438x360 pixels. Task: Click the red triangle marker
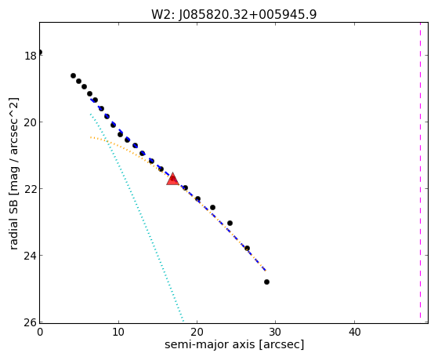point(172,180)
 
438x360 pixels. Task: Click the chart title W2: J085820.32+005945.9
point(233,15)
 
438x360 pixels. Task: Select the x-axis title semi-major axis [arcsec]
point(234,344)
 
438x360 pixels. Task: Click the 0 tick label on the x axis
point(40,333)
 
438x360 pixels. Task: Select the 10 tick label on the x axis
point(118,333)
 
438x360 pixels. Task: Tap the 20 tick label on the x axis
point(197,333)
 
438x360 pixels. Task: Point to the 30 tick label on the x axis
point(276,333)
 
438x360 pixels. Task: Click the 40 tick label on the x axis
point(354,333)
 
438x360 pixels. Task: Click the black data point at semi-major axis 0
point(40,52)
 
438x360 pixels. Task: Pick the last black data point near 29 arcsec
point(266,282)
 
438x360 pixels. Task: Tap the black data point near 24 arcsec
point(230,223)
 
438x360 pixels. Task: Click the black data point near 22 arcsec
point(212,207)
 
